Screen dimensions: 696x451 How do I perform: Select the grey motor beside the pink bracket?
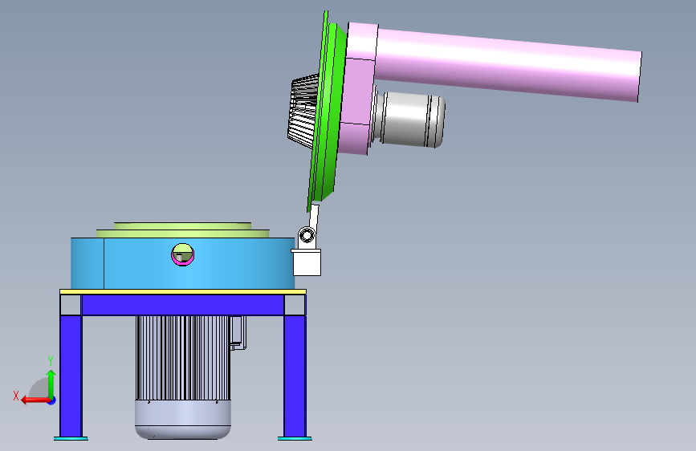(x=409, y=119)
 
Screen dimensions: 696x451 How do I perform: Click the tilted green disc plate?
(x=328, y=111)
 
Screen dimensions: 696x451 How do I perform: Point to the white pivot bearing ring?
(x=307, y=235)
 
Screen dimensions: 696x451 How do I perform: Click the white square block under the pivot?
(x=307, y=262)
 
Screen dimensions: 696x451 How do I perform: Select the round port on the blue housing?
(x=182, y=254)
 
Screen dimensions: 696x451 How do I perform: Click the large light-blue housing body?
(x=182, y=263)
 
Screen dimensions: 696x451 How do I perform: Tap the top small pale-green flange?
(x=182, y=226)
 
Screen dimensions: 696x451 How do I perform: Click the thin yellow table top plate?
(x=183, y=291)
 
